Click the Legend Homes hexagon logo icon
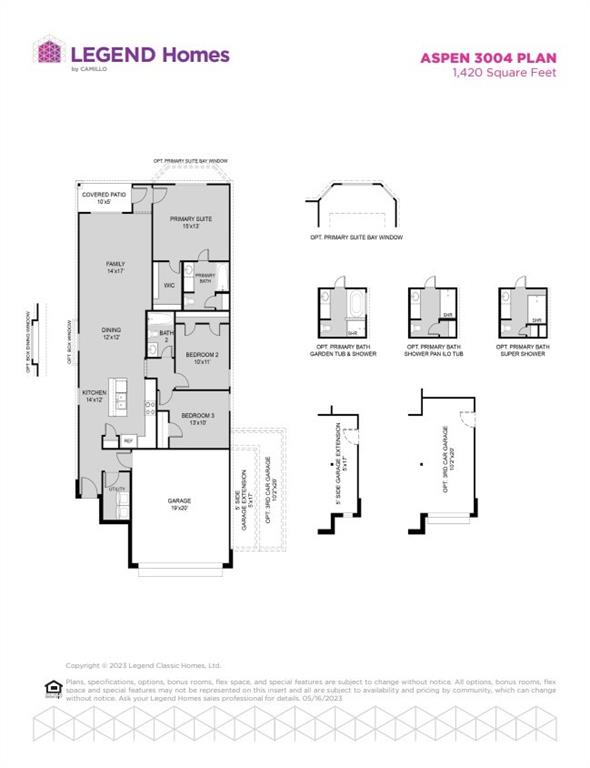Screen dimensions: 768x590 pos(47,52)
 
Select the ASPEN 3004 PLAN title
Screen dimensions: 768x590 pos(487,58)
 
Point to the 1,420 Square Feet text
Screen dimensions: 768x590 pos(502,72)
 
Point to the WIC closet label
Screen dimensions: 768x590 pos(169,286)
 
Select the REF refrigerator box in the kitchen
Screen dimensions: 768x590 pos(128,440)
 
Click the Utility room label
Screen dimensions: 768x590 pos(117,489)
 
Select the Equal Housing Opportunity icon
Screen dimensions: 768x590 pos(52,685)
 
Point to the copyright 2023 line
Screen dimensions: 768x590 pos(143,665)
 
